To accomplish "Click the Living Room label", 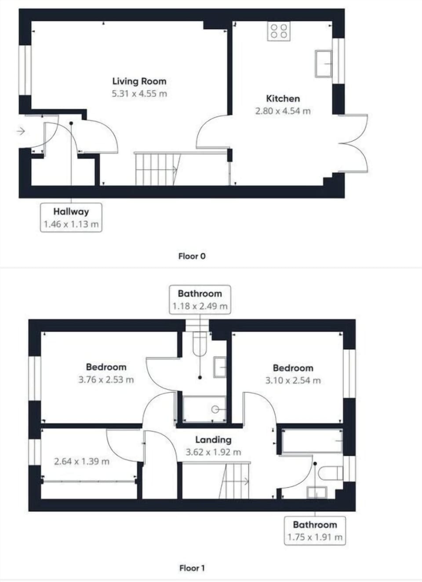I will (x=139, y=81).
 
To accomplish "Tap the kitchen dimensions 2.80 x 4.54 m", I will (x=283, y=111).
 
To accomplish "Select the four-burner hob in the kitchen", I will (x=279, y=31).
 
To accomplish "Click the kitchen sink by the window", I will (x=324, y=64).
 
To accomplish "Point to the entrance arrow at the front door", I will (x=21, y=131).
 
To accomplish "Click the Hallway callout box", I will (x=71, y=218).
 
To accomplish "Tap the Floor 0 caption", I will (x=192, y=256).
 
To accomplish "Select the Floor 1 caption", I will (x=192, y=568).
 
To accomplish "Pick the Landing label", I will (x=213, y=440).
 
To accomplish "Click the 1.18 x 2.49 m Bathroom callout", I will (x=200, y=300).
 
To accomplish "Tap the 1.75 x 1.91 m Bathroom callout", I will (x=315, y=531).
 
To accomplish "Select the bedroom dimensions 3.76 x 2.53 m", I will (x=106, y=380).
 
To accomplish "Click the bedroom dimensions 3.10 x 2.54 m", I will (x=293, y=381).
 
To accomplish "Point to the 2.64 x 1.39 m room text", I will (x=82, y=461).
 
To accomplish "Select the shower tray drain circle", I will (x=215, y=410).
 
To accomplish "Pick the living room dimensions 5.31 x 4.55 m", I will (x=139, y=94).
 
